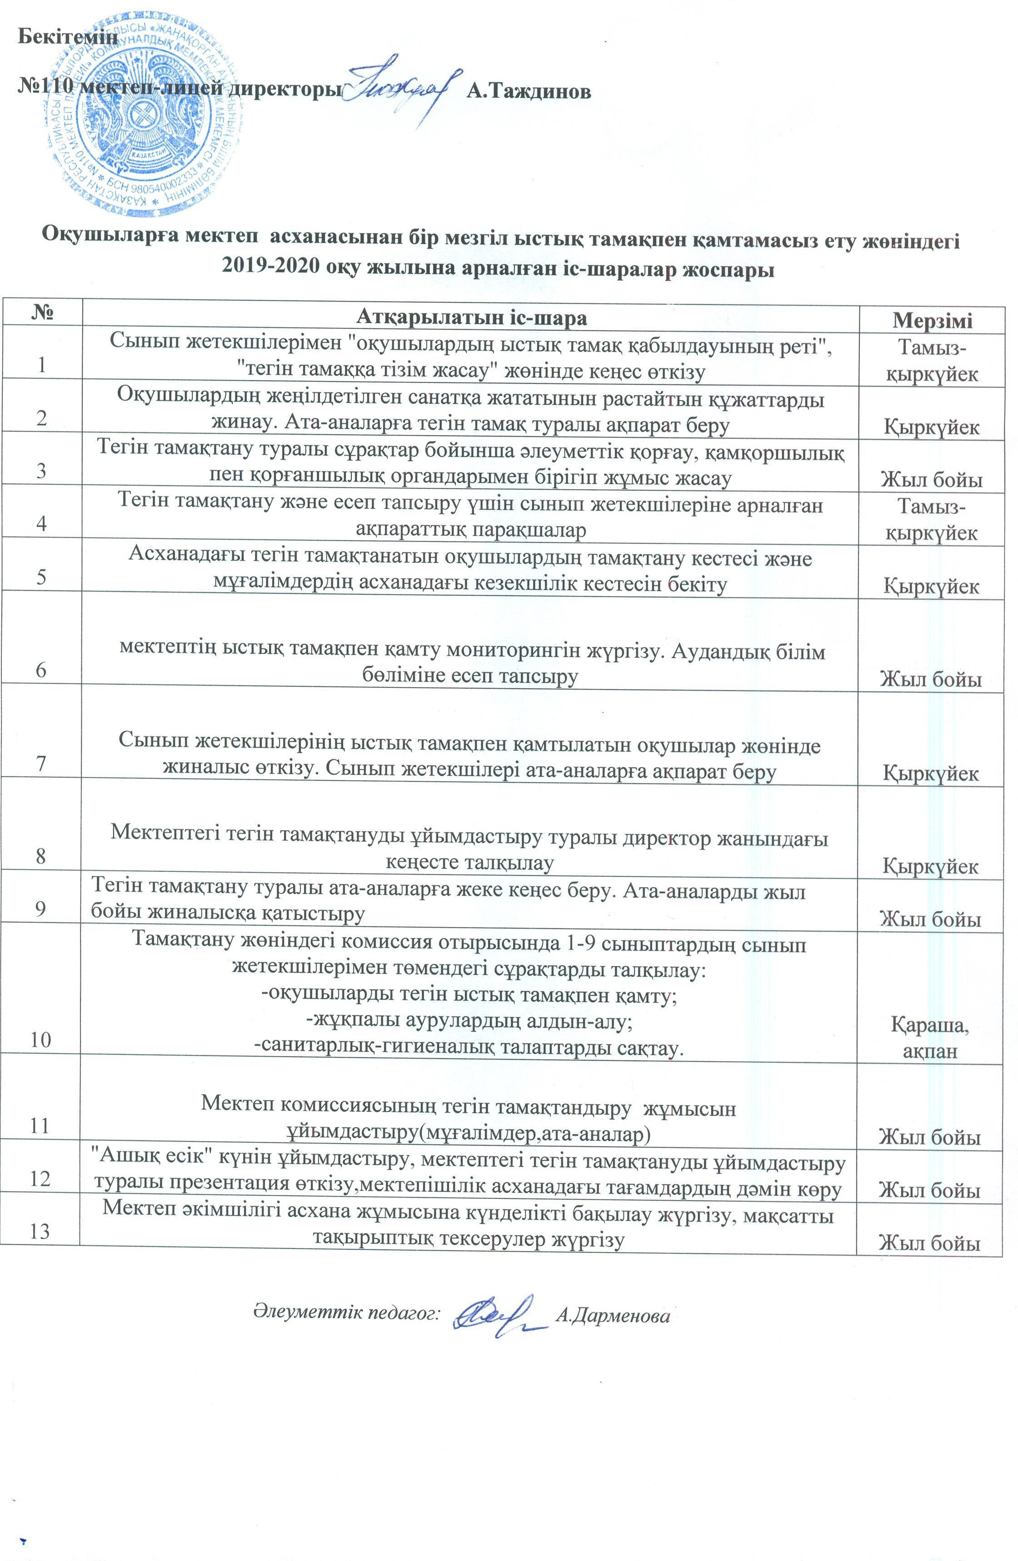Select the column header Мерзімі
[x=931, y=321]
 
